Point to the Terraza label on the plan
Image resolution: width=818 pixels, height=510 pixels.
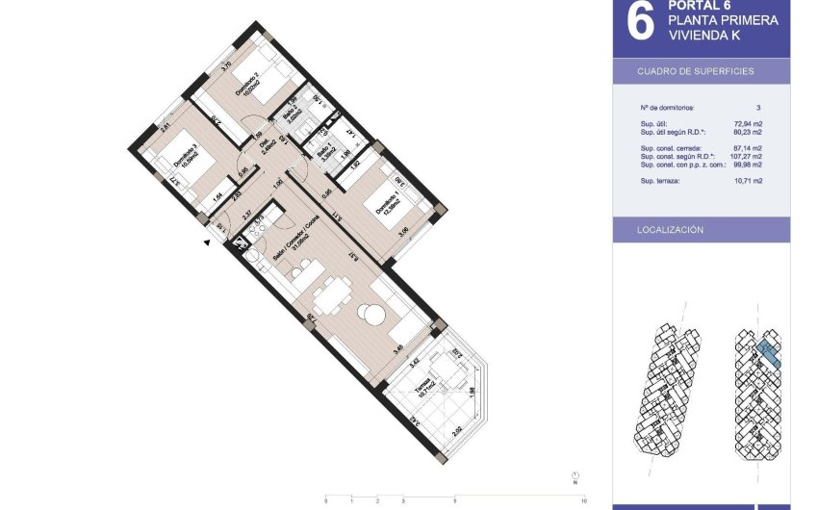(x=422, y=390)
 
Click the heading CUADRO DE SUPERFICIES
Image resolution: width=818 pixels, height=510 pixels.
(x=696, y=72)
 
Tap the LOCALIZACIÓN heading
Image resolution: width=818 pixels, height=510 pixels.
(x=670, y=231)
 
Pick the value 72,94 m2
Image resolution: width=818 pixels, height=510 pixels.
(x=749, y=124)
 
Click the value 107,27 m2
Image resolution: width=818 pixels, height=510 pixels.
(x=747, y=156)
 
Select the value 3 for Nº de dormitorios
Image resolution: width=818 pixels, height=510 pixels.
(x=758, y=108)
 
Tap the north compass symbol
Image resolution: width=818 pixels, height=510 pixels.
(x=575, y=475)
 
